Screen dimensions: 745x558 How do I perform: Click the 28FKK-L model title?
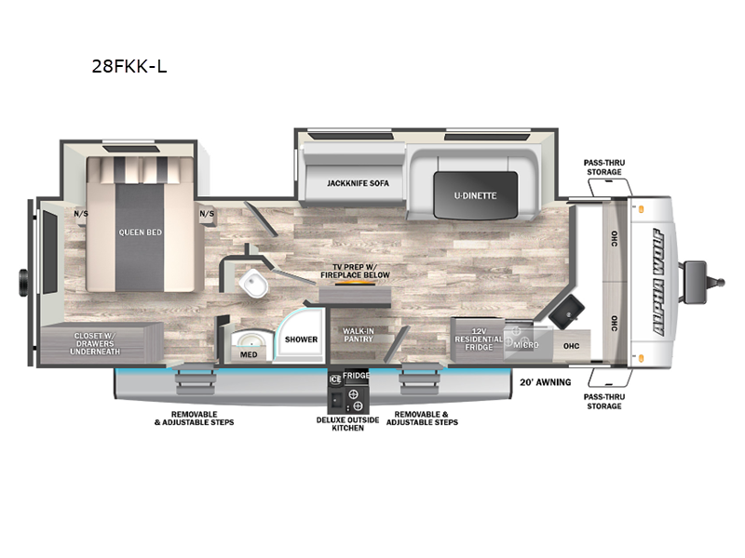(129, 66)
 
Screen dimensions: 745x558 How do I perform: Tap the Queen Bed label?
(141, 232)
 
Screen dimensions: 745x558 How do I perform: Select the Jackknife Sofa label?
(358, 183)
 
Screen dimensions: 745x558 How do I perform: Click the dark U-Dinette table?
(475, 195)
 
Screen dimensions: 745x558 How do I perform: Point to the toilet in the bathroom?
(253, 284)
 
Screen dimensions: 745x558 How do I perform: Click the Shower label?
(301, 339)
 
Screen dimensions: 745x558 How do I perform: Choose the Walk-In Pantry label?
(359, 335)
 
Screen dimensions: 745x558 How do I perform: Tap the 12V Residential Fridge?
(478, 339)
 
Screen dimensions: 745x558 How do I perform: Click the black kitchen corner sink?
(567, 311)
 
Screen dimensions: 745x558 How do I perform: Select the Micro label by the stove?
(526, 345)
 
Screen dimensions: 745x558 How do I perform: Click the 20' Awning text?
(545, 382)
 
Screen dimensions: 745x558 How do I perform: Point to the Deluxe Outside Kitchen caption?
(347, 424)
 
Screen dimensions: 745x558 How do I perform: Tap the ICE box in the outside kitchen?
(335, 379)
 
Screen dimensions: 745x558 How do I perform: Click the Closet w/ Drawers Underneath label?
(95, 343)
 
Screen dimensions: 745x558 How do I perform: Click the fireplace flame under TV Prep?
(355, 284)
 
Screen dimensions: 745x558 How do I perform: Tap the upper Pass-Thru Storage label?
(604, 167)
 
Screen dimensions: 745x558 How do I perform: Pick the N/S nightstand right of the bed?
(207, 215)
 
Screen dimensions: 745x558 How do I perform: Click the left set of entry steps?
(194, 379)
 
